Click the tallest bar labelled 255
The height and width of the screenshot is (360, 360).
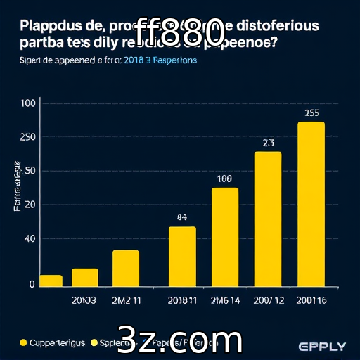tap(311, 204)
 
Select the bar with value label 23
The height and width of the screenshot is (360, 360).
tap(267, 219)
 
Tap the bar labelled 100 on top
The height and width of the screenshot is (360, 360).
tap(224, 237)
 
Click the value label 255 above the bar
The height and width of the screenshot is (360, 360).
tap(312, 112)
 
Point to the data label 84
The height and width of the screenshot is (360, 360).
tap(181, 217)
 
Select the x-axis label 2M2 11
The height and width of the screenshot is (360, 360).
tap(127, 300)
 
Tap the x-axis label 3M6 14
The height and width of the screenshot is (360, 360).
tap(224, 300)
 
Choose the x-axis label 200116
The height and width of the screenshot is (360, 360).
tap(312, 300)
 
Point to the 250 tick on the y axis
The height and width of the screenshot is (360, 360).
tap(29, 136)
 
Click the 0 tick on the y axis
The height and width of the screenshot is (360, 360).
tap(32, 284)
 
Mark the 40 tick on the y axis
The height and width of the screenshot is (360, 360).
tap(30, 239)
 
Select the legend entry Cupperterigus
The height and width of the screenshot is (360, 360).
tap(53, 343)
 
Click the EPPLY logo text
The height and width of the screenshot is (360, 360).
tap(322, 346)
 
